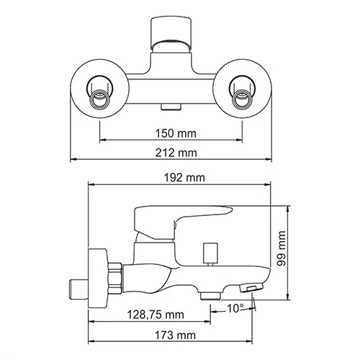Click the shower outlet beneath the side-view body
(x=208, y=296)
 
